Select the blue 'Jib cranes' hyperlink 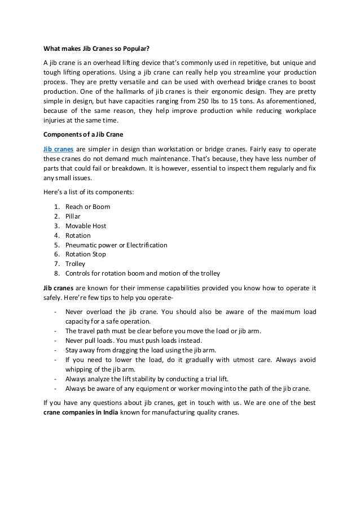tap(58, 149)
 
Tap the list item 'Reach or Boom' tap(87, 207)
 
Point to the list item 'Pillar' tap(73, 216)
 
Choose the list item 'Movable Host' tap(86, 226)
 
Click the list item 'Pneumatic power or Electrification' tap(116, 245)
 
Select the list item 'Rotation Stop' tap(86, 255)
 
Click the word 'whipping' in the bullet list tap(79, 369)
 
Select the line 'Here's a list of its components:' tap(89, 192)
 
